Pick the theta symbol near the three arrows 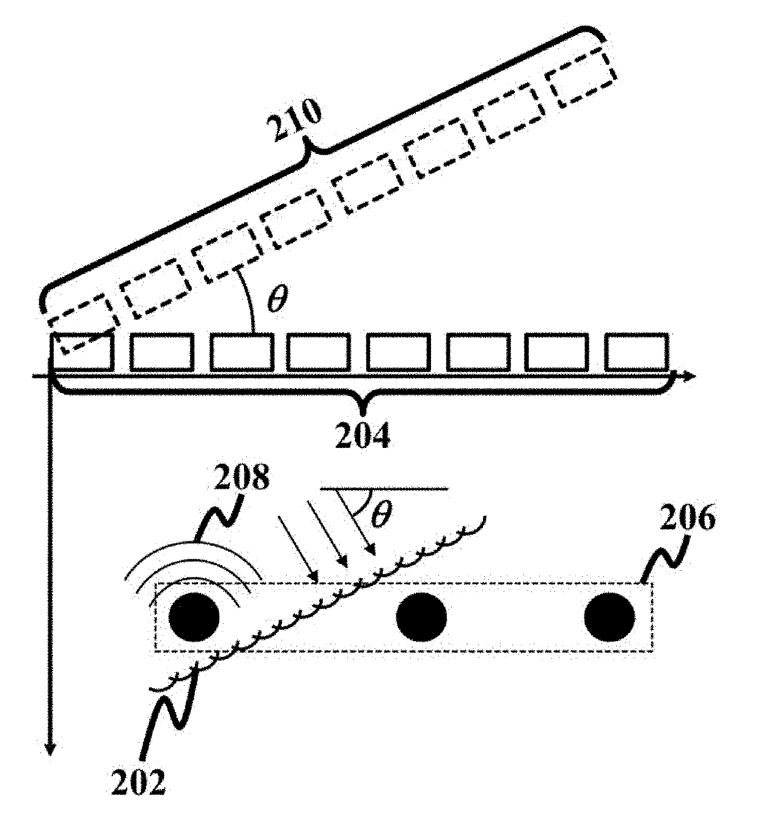[x=381, y=516]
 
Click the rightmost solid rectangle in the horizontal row [x=636, y=352]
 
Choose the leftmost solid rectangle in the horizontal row [x=83, y=353]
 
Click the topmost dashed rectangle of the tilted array [x=581, y=78]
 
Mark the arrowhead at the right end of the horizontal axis [x=690, y=376]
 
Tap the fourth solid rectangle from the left [x=318, y=352]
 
